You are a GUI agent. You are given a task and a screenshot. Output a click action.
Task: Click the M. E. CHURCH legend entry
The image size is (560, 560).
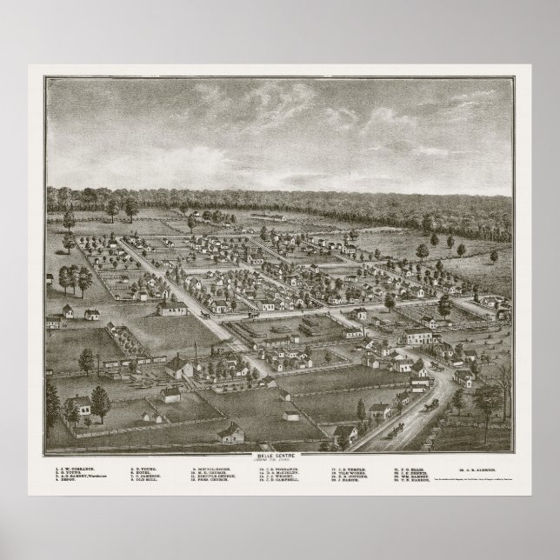[212, 474]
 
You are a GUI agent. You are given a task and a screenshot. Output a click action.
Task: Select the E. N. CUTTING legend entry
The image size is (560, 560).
[351, 478]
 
